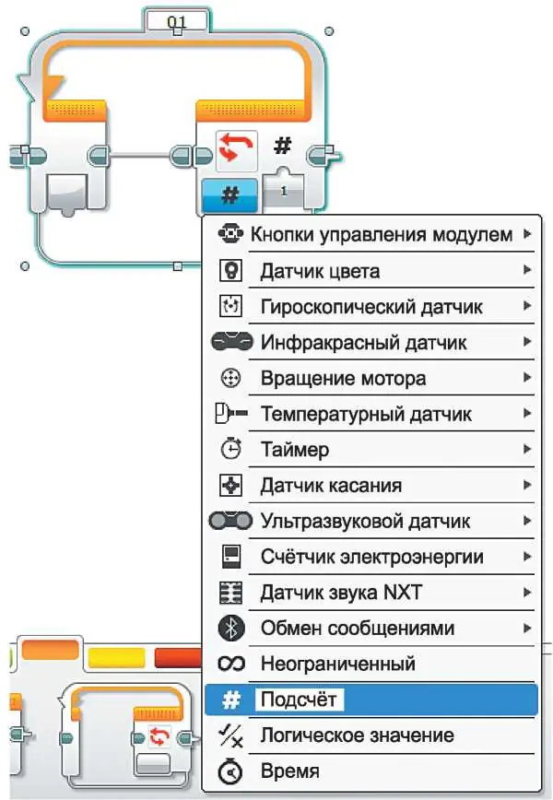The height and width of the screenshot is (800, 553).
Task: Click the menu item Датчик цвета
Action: [320, 271]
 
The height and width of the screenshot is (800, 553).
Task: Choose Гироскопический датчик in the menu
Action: [371, 307]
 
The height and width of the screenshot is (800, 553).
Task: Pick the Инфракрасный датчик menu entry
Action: [363, 342]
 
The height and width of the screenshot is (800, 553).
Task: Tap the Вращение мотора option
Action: [344, 378]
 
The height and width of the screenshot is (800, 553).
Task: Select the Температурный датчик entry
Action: [366, 414]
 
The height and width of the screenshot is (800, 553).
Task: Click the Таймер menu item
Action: [295, 450]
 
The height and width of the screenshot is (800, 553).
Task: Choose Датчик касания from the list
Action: [331, 485]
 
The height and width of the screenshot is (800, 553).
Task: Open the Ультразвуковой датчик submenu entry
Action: [365, 521]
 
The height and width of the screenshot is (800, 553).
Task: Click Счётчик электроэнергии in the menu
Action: [372, 557]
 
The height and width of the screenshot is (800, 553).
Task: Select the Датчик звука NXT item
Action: [341, 593]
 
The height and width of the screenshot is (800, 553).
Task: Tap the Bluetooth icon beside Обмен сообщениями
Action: [231, 628]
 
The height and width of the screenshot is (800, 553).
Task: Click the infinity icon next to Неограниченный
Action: [231, 664]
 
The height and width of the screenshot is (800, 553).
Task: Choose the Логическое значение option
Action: [357, 735]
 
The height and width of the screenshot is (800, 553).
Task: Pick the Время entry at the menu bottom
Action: [289, 771]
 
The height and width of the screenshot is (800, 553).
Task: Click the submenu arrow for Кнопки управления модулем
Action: [527, 234]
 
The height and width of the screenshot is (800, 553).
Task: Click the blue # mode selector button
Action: [229, 194]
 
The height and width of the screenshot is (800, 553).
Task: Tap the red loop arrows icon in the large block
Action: [236, 149]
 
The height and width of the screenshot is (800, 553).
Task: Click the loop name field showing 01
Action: [177, 22]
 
